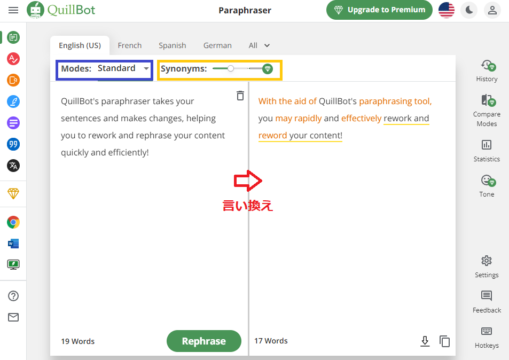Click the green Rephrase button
[x=204, y=341]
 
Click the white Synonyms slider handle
[x=231, y=68]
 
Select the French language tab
[x=130, y=45]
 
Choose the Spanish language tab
[x=173, y=45]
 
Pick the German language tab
[x=217, y=45]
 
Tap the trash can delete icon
[x=240, y=96]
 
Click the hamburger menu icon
[x=13, y=10]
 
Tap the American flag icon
[x=447, y=10]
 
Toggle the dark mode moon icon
[x=469, y=10]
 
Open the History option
[x=487, y=71]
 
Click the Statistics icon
[x=486, y=145]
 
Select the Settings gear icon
[x=486, y=261]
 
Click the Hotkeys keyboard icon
[x=486, y=331]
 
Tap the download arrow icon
[x=425, y=341]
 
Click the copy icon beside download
[x=444, y=341]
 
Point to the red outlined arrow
[x=248, y=181]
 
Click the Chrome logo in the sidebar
[x=13, y=222]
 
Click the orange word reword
[x=273, y=135]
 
